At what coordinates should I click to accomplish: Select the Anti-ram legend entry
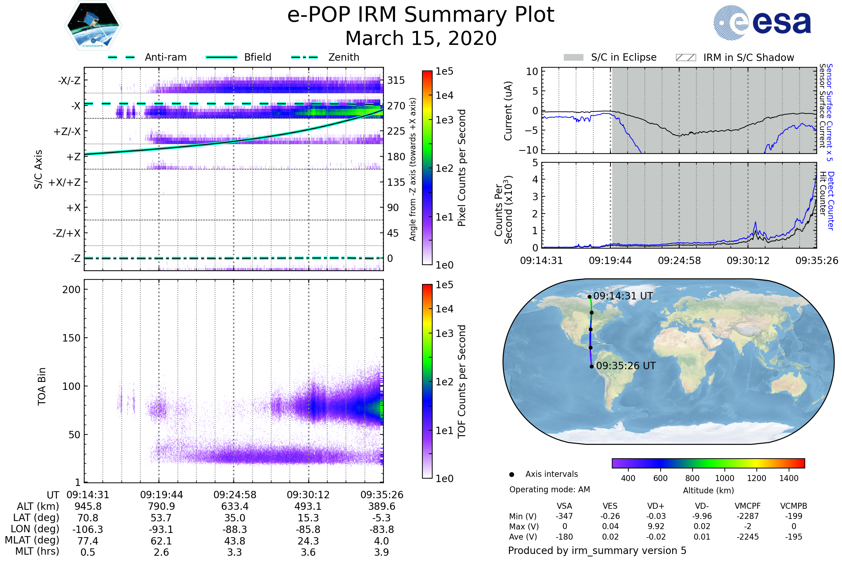click(x=165, y=57)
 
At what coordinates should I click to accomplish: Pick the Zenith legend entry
click(x=343, y=57)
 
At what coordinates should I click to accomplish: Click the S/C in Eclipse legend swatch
click(x=573, y=58)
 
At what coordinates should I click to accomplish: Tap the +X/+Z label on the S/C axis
click(x=65, y=182)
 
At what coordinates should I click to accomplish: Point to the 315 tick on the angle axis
click(x=396, y=80)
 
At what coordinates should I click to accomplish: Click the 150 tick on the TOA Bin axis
click(x=71, y=338)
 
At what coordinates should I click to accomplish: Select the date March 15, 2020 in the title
click(x=421, y=38)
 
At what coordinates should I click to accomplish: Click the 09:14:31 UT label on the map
click(x=623, y=296)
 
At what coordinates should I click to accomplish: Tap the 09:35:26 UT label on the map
click(x=626, y=366)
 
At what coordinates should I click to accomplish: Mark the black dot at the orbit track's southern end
click(x=592, y=366)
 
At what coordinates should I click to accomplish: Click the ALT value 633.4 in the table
click(x=235, y=507)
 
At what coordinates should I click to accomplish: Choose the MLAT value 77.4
click(x=88, y=541)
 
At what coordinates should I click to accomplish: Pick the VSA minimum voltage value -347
click(x=564, y=516)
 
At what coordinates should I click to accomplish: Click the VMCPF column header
click(x=748, y=506)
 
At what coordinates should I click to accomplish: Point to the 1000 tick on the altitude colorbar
click(x=724, y=478)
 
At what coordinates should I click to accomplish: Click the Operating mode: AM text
click(x=549, y=489)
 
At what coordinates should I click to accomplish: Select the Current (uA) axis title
click(x=508, y=111)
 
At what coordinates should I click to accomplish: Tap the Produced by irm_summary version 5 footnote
click(x=597, y=550)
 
